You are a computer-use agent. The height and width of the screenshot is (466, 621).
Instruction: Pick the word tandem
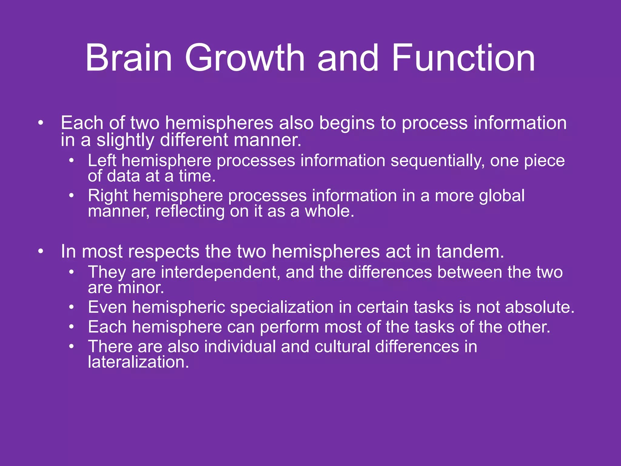click(x=470, y=252)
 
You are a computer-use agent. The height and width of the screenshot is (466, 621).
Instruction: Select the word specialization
click(x=282, y=307)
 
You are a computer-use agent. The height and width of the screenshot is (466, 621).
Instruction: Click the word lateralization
click(x=138, y=362)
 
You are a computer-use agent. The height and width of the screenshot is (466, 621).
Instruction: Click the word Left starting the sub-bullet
click(x=102, y=161)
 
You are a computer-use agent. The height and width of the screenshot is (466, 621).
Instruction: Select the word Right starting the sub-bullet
click(x=108, y=196)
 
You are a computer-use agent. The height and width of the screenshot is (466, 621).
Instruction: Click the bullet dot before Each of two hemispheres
click(x=41, y=123)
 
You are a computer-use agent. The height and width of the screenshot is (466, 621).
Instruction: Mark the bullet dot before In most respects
click(x=41, y=252)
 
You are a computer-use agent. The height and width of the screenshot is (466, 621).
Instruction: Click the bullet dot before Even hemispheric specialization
click(x=71, y=307)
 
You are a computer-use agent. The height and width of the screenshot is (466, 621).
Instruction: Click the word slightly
click(x=125, y=140)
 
